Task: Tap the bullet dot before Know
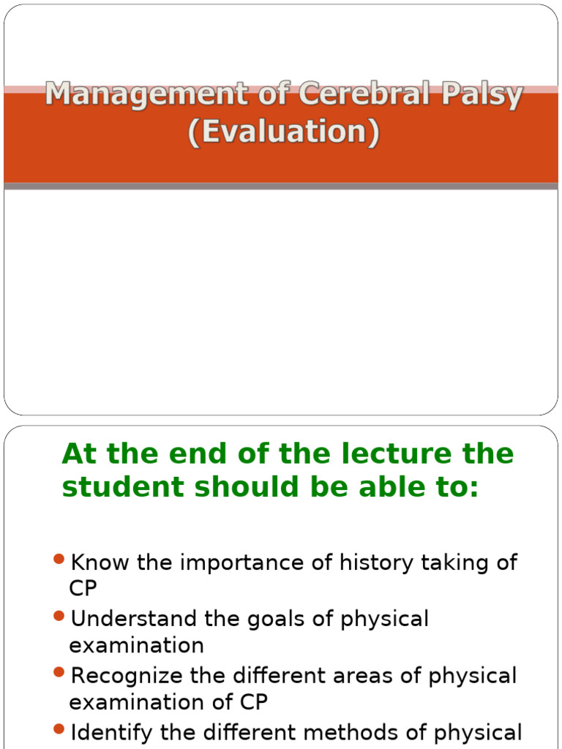pyautogui.click(x=60, y=560)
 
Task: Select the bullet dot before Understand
pyautogui.click(x=60, y=617)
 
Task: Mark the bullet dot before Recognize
pyautogui.click(x=60, y=673)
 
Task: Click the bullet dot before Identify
pyautogui.click(x=60, y=729)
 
